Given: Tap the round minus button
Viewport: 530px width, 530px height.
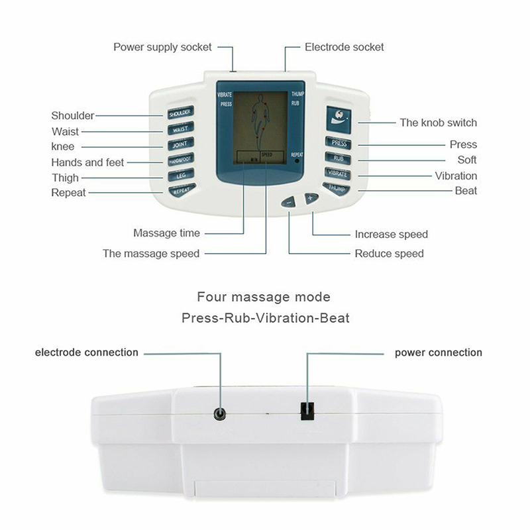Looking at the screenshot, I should (x=288, y=203).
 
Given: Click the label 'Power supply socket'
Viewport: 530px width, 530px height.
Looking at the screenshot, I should (x=162, y=47).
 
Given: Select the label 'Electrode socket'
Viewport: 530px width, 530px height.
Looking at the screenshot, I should (x=344, y=47).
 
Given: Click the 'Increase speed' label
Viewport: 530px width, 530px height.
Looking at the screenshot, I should (x=391, y=234).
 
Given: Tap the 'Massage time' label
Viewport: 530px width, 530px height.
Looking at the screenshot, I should (x=166, y=233).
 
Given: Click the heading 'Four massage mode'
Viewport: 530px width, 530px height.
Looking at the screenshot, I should (x=264, y=297).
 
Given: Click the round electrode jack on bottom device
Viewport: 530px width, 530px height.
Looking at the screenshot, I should (x=219, y=414).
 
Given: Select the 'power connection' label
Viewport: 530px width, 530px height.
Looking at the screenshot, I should (x=438, y=352).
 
